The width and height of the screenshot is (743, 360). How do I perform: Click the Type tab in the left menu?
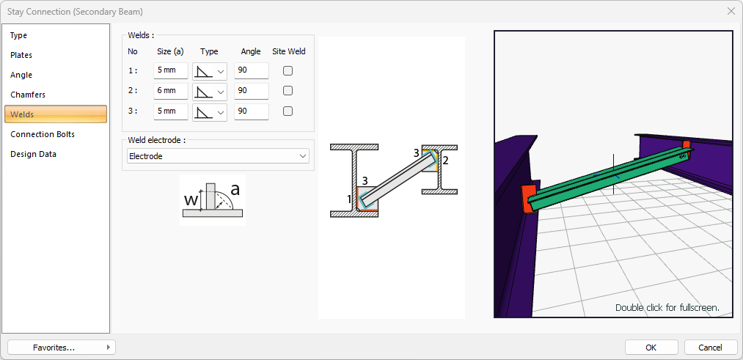pyautogui.click(x=19, y=35)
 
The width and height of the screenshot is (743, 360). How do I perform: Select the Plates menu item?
pyautogui.click(x=21, y=56)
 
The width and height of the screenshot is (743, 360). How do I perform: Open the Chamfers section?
pyautogui.click(x=28, y=95)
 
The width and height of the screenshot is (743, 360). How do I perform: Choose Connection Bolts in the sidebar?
pyautogui.click(x=43, y=134)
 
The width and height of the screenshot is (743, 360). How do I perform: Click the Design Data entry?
pyautogui.click(x=33, y=155)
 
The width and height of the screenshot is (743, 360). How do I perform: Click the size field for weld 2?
pyautogui.click(x=171, y=91)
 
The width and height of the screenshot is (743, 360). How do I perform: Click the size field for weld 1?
pyautogui.click(x=171, y=71)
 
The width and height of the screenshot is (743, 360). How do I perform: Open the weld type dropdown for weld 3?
pyautogui.click(x=210, y=111)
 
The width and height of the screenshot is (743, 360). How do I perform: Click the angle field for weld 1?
pyautogui.click(x=251, y=71)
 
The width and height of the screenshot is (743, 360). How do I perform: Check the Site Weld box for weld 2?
pyautogui.click(x=288, y=91)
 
